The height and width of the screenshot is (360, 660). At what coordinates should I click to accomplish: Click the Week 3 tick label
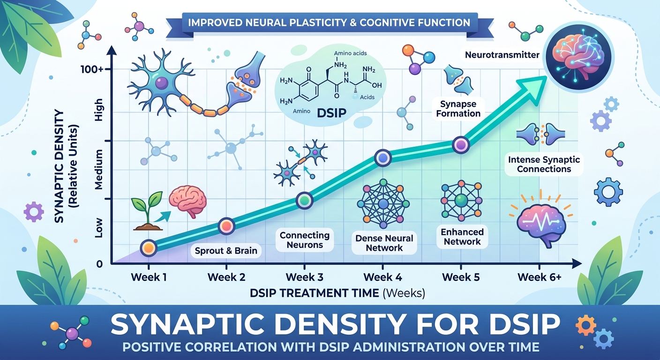pyautogui.click(x=304, y=277)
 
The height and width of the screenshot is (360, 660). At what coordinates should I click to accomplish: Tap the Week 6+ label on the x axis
pyautogui.click(x=540, y=277)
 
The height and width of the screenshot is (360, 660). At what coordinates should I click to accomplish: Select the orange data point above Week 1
pyautogui.click(x=148, y=248)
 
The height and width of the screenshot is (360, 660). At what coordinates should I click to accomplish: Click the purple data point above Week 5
pyautogui.click(x=461, y=145)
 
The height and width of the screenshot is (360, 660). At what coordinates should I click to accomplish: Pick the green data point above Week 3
pyautogui.click(x=304, y=201)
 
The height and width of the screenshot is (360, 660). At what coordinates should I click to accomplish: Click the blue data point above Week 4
pyautogui.click(x=383, y=159)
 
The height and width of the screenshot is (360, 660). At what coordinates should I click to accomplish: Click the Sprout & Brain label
pyautogui.click(x=226, y=250)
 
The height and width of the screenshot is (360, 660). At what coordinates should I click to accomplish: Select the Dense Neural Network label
pyautogui.click(x=384, y=242)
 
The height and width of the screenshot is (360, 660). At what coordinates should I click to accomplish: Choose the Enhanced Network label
pyautogui.click(x=463, y=237)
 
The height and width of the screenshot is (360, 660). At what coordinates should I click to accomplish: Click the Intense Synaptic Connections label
pyautogui.click(x=544, y=164)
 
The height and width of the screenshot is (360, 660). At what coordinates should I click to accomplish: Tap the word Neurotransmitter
pyautogui.click(x=502, y=55)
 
